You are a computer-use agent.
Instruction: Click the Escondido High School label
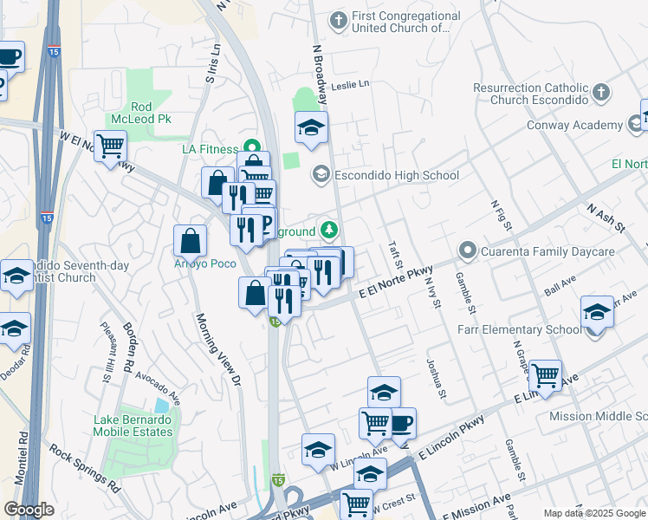click(396, 176)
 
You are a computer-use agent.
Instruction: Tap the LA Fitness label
click(209, 149)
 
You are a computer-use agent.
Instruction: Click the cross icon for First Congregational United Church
click(338, 18)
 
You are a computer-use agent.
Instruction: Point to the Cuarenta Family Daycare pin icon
click(469, 252)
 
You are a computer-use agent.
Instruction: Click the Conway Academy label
click(574, 126)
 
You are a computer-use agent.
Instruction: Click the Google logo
click(29, 510)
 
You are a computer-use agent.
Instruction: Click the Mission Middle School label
click(598, 417)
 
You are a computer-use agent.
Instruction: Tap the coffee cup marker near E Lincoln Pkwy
click(400, 423)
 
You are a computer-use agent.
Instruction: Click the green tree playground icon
click(329, 231)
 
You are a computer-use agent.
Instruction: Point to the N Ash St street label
click(606, 218)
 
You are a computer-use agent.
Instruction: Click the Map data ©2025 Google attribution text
click(594, 512)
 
